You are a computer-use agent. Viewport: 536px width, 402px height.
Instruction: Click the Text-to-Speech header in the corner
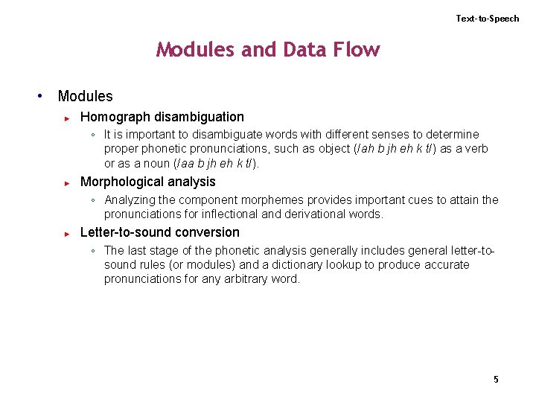click(488, 19)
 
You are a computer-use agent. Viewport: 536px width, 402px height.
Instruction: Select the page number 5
click(496, 380)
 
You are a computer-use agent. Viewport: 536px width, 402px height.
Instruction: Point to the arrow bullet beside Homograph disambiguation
click(67, 118)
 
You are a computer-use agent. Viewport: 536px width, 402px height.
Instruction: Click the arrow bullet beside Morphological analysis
click(67, 182)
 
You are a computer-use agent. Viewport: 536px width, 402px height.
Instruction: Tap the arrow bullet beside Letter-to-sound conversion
click(67, 233)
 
